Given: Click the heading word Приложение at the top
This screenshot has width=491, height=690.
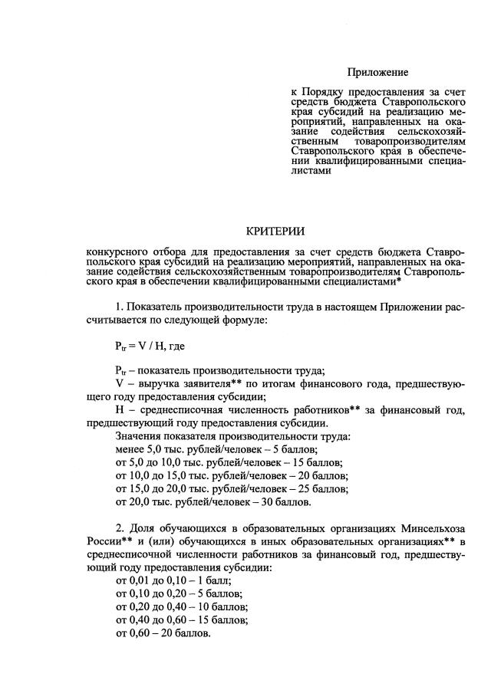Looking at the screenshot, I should pos(377,73).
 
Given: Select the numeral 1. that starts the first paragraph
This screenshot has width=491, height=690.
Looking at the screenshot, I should pos(120,308).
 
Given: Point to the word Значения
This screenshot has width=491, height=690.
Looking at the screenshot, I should pos(139,435).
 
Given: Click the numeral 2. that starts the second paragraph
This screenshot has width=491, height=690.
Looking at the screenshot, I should pos(120,529).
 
